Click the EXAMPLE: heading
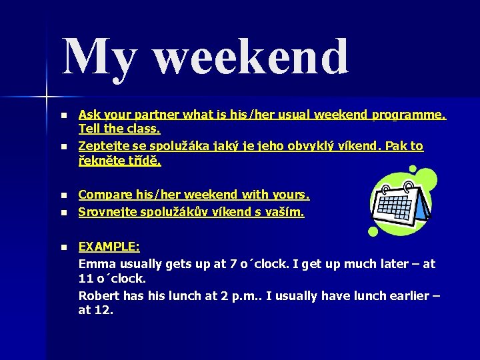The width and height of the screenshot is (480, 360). click(109, 247)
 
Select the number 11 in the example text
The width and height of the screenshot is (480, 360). click(85, 279)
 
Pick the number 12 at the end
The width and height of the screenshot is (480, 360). click(105, 310)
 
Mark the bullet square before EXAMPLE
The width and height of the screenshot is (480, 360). click(63, 247)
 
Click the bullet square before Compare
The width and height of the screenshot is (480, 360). click(63, 196)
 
